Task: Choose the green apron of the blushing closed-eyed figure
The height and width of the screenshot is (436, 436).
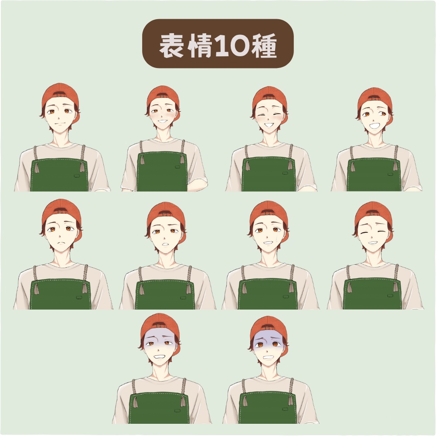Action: tap(269, 174)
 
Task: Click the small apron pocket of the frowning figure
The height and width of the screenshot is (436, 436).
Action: tap(79, 297)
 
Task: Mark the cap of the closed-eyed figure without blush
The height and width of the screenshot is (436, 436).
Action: tap(374, 212)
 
